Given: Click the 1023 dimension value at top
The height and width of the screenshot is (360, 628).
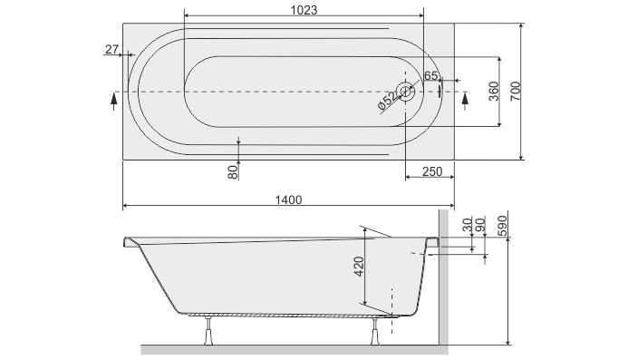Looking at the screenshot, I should [304, 8].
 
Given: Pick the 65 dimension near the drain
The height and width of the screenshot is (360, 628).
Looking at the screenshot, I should [430, 75].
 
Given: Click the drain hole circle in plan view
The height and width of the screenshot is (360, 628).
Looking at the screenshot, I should [406, 92].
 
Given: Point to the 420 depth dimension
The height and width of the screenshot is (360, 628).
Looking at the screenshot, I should [359, 267].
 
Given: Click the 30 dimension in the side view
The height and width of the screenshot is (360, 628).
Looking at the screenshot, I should [467, 225].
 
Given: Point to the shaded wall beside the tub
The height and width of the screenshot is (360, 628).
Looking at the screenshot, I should [444, 281].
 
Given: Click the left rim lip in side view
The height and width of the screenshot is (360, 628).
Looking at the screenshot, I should [129, 242].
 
